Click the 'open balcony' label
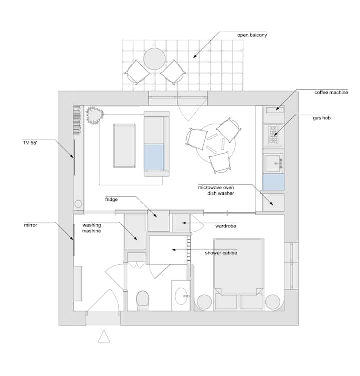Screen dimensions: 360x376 click(x=252, y=35)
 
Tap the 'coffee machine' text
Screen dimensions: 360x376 click(x=331, y=92)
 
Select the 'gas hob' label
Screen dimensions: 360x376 click(x=322, y=118)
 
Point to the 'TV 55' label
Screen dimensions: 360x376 click(x=30, y=143)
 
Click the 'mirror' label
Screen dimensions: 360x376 click(x=30, y=225)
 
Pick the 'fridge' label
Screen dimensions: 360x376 click(x=111, y=199)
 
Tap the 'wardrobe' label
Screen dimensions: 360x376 click(x=226, y=226)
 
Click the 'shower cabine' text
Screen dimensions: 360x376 click(x=221, y=253)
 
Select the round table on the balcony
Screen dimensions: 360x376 click(x=154, y=59)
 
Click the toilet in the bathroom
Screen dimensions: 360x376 click(x=143, y=301)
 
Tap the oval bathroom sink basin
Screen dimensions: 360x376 click(x=181, y=296)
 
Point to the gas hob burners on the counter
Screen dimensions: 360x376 click(x=273, y=135)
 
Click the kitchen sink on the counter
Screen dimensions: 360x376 click(x=273, y=163)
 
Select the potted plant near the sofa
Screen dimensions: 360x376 click(x=95, y=115)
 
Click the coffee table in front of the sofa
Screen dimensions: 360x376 click(x=124, y=146)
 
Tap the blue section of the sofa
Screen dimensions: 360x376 click(x=154, y=157)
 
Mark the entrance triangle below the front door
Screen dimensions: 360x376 click(x=104, y=336)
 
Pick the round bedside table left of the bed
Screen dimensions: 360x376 click(x=204, y=302)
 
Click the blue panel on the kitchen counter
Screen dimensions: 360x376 click(x=273, y=182)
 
